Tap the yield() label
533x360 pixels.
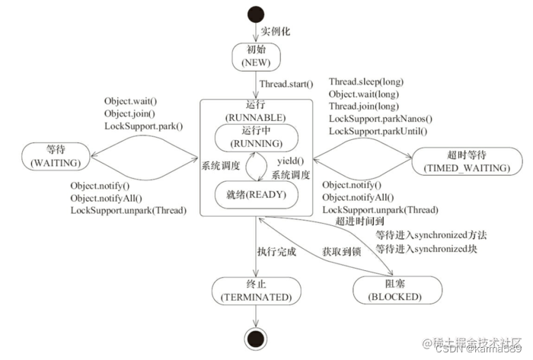(290, 162)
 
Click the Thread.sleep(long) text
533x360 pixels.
(366, 81)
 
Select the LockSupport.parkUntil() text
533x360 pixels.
(378, 131)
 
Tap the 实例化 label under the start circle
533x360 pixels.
(276, 32)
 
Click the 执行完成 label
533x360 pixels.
(276, 250)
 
